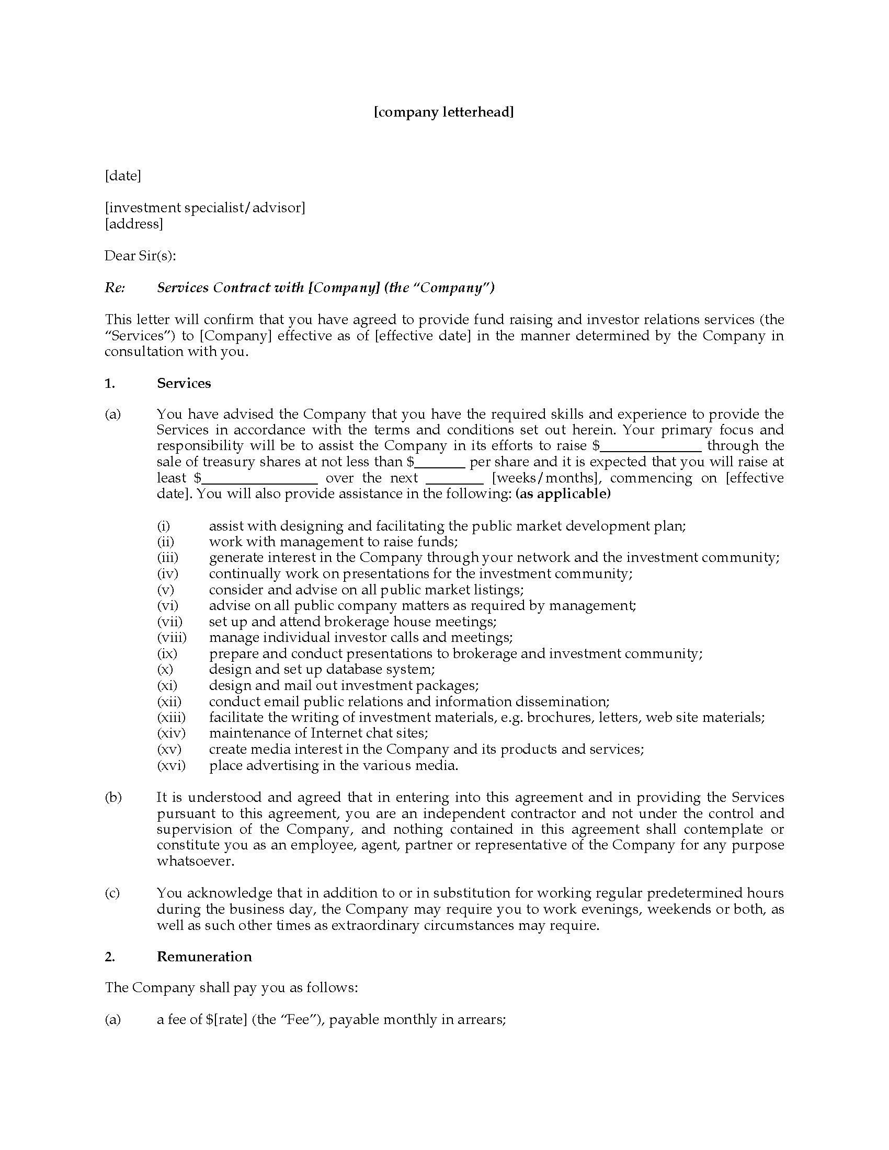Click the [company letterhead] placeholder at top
click(x=443, y=112)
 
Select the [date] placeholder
click(x=123, y=175)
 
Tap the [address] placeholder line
click(x=134, y=224)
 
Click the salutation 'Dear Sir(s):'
click(x=140, y=256)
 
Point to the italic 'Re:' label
click(x=115, y=287)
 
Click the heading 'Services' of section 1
click(x=184, y=383)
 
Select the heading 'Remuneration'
click(x=204, y=957)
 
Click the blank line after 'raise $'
click(x=651, y=446)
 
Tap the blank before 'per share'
click(x=440, y=462)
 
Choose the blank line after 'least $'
click(x=260, y=479)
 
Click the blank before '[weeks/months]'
click(x=454, y=479)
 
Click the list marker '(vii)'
click(x=169, y=622)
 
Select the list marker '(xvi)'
click(x=171, y=766)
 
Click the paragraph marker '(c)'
click(x=113, y=893)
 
